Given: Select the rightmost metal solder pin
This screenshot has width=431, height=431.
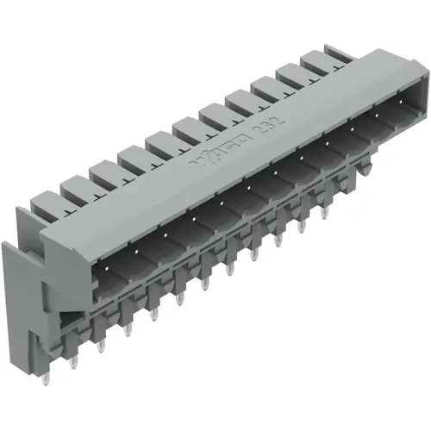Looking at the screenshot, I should pos(325,211).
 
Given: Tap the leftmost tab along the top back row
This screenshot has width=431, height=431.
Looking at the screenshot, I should pos(45,203).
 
